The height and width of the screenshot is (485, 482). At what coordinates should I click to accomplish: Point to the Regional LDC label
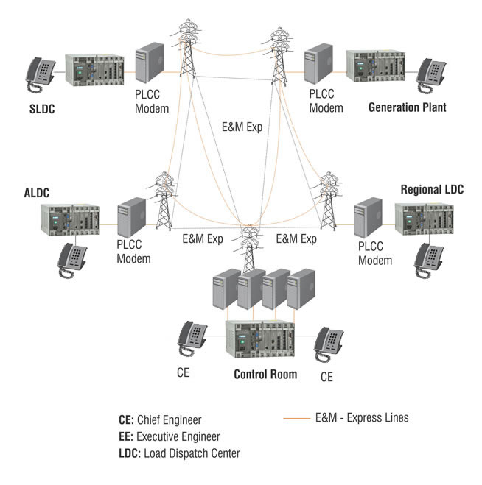tap(432, 189)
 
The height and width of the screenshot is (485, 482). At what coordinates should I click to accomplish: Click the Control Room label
tap(265, 374)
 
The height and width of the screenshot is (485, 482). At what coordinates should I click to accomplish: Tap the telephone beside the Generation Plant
tap(433, 72)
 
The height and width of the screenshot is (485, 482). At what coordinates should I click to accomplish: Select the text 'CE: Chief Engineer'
tap(159, 420)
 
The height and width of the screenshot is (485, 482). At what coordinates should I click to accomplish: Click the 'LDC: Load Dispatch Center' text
tap(179, 453)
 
